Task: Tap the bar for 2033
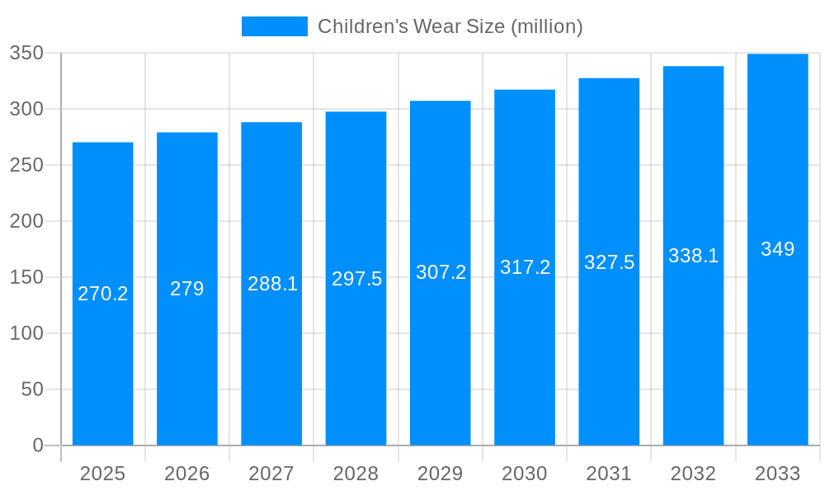click(777, 346)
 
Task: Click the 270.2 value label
click(102, 294)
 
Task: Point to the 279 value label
click(187, 289)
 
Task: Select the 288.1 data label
click(272, 284)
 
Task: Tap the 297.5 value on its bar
click(356, 279)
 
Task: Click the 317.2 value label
click(525, 267)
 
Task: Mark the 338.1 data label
click(693, 256)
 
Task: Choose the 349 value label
click(777, 249)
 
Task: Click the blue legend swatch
click(274, 26)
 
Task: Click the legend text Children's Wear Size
click(450, 26)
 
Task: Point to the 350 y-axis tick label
click(26, 53)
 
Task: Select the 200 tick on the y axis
click(26, 221)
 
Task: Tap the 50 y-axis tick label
click(32, 389)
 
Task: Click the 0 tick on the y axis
click(38, 445)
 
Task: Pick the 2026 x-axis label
click(187, 474)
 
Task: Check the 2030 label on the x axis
click(525, 474)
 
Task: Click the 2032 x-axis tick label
click(693, 474)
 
